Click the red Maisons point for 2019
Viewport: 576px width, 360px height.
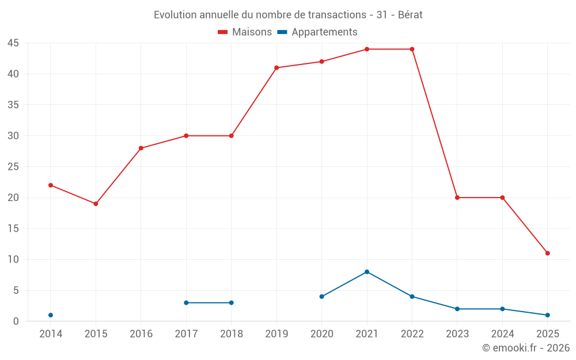point(276,68)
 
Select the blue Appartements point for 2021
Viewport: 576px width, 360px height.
point(367,272)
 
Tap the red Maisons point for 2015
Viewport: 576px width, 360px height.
point(96,204)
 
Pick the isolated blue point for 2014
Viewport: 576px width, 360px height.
point(51,315)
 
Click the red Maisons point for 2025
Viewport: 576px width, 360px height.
point(547,253)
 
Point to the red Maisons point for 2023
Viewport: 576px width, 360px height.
point(457,198)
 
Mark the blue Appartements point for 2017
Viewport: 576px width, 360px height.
point(186,303)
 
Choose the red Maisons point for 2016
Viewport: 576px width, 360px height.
point(141,148)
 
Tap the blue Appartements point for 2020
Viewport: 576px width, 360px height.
point(322,297)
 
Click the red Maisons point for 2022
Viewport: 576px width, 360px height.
point(412,49)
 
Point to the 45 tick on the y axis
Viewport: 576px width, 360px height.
point(13,43)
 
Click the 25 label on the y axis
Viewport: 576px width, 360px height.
point(13,167)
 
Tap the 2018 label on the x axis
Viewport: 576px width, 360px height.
point(231,334)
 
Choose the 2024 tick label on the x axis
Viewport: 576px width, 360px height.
point(502,334)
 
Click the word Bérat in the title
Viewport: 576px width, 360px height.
point(410,15)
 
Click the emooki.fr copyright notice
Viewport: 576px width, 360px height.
point(525,348)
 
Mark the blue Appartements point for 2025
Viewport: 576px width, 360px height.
point(547,315)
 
